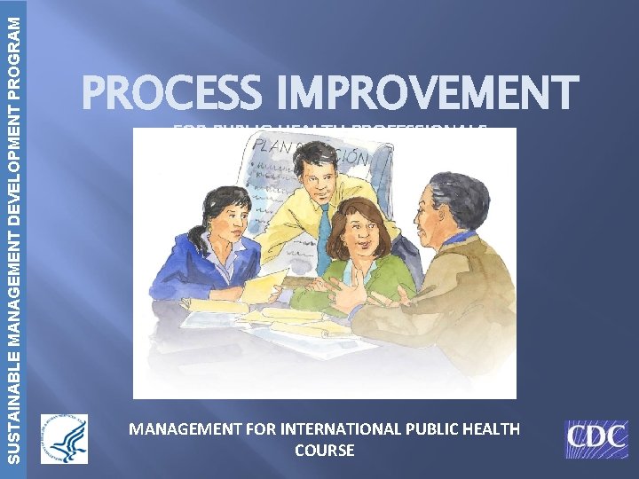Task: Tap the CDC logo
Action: pos(596,439)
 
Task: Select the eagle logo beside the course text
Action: pos(64,438)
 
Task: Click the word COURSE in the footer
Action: pos(324,451)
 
